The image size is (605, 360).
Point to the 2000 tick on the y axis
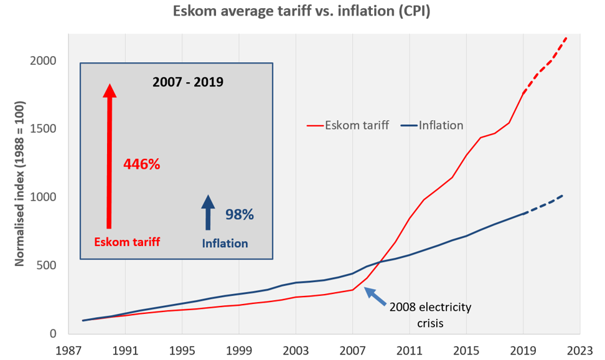tap(44, 61)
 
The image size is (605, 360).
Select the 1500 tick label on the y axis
tap(44, 129)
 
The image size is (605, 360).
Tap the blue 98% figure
tap(240, 215)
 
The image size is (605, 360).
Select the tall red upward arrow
tap(110, 156)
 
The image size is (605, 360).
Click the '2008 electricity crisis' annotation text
tap(430, 315)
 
